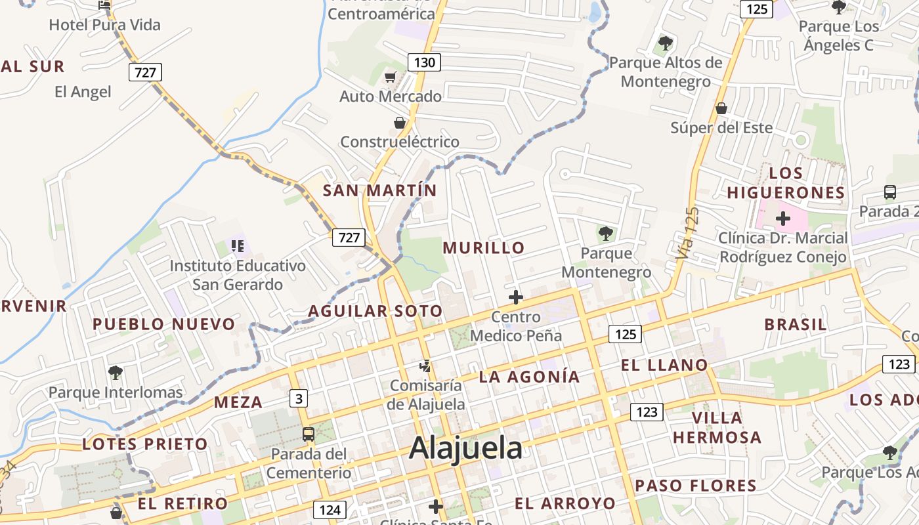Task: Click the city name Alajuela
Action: pos(465,448)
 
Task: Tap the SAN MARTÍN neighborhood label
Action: pos(379,190)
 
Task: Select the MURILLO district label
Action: pos(484,247)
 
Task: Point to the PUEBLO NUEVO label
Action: pos(163,324)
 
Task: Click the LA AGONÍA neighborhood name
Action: pos(529,377)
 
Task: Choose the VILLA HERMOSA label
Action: pos(717,427)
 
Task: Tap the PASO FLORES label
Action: pos(696,486)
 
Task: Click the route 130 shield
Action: pos(424,62)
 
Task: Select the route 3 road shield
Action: pos(299,398)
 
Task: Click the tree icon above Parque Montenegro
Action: pos(605,233)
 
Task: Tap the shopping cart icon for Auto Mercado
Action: pos(391,77)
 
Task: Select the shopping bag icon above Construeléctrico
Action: pos(399,123)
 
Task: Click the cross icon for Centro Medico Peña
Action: pos(516,297)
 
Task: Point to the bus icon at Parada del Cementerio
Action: pos(308,434)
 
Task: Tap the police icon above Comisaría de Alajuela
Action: pos(425,366)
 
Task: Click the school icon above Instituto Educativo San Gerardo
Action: pos(237,246)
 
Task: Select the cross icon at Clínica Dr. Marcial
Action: pos(782,218)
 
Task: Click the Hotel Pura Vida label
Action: pos(105,25)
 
